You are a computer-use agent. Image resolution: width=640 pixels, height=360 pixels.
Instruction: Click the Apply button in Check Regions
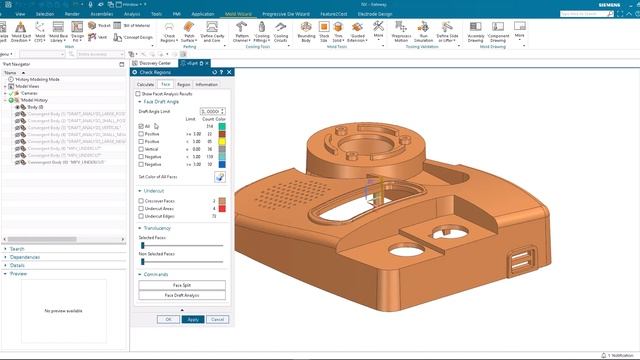[x=193, y=319]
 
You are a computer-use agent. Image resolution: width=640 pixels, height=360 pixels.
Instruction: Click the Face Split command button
[x=180, y=285]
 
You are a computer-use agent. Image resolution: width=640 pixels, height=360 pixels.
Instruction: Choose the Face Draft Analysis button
[x=180, y=296]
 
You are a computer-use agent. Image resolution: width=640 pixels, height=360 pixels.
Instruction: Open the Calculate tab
[x=146, y=85]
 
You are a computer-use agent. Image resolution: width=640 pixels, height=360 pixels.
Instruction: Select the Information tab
[x=207, y=85]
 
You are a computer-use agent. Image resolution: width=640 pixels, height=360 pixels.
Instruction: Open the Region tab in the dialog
[x=184, y=85]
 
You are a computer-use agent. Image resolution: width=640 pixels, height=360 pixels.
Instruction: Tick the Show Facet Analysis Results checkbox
[x=139, y=93]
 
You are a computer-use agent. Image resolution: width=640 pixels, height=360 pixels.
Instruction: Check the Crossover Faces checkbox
[x=141, y=200]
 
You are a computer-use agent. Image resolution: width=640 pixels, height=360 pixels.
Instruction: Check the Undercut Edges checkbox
[x=141, y=215]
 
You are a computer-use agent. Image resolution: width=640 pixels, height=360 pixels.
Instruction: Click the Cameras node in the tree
[x=26, y=93]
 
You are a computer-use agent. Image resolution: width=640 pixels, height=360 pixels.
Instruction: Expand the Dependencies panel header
[x=25, y=257]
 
